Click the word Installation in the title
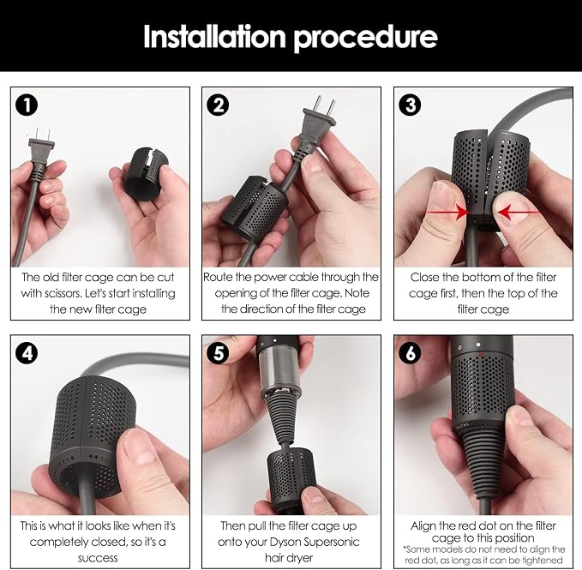pos(214,36)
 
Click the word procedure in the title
pos(366,39)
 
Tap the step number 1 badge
pos(27,105)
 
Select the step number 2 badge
pos(218,105)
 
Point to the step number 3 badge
pos(410,105)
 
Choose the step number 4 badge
pos(27,353)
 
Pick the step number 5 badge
pos(219,352)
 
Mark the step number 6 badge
pos(411,352)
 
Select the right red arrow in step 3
pos(519,213)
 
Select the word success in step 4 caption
pos(98,559)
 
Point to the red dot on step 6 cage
pos(482,355)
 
